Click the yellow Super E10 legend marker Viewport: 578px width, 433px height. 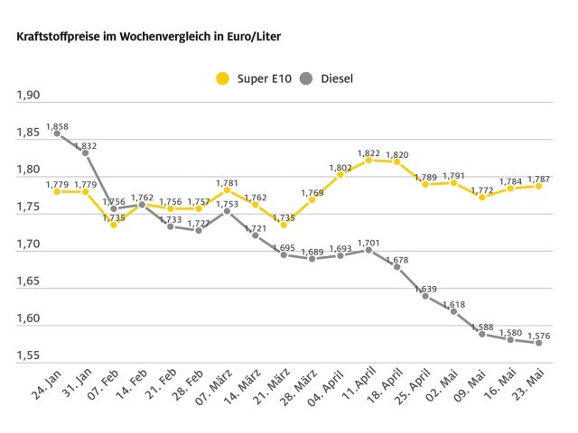(x=222, y=78)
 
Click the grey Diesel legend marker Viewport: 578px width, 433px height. (x=306, y=78)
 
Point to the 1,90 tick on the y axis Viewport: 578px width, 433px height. (x=30, y=96)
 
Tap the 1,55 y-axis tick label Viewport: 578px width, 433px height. (x=30, y=356)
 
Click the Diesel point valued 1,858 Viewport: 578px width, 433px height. (x=57, y=134)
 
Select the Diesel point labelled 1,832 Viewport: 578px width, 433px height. (x=85, y=152)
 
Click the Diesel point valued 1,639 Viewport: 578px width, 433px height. (x=425, y=296)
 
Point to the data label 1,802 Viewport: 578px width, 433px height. (x=340, y=167)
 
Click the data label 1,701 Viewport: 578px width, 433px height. (x=368, y=242)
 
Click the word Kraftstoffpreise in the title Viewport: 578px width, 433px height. (x=44, y=41)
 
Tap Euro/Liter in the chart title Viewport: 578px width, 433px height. (x=217, y=41)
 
